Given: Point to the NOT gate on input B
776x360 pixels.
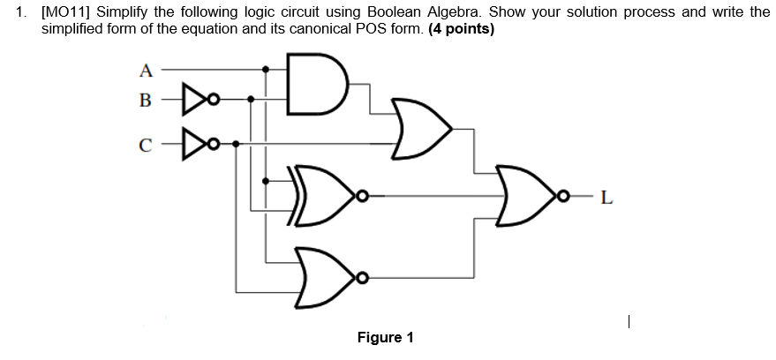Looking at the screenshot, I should tap(193, 99).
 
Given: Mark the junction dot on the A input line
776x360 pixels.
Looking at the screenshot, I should tap(267, 68).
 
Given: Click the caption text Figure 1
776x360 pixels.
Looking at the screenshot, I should tap(385, 338).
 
